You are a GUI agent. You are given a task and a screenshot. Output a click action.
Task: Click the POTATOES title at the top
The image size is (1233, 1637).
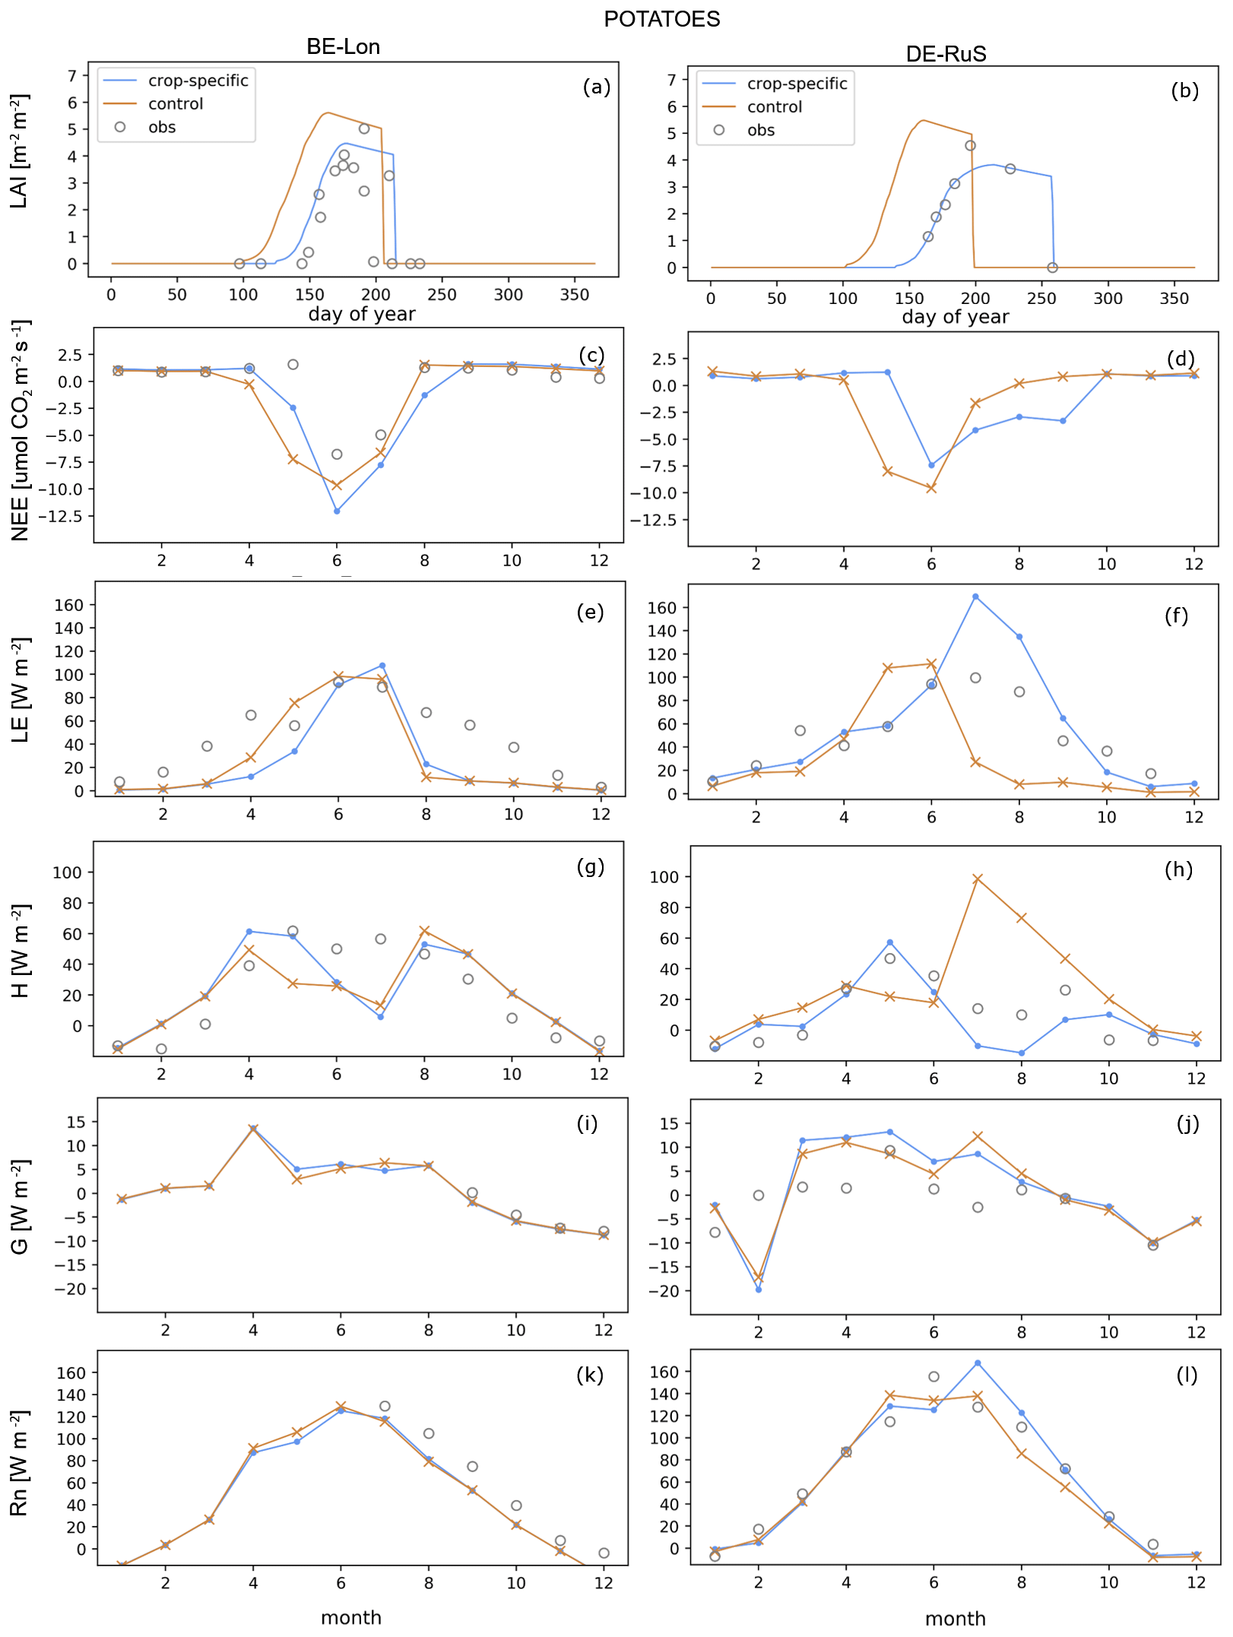661,19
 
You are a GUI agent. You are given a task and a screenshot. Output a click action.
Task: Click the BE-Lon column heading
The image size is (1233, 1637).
343,47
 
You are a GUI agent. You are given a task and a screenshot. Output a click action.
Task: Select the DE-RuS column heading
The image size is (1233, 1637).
946,54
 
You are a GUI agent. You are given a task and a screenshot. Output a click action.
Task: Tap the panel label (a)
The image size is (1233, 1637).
596,87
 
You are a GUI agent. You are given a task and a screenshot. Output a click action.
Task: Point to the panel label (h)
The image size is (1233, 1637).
1178,869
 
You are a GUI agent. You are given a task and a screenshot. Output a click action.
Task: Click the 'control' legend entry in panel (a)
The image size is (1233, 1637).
176,104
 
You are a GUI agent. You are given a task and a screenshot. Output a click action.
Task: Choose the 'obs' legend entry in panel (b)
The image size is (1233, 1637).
760,130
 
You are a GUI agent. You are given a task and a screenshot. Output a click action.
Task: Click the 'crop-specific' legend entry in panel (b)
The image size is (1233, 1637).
797,84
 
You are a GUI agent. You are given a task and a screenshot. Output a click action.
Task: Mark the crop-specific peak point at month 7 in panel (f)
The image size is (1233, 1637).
975,597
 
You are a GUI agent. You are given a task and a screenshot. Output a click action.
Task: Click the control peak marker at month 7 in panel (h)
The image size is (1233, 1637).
978,879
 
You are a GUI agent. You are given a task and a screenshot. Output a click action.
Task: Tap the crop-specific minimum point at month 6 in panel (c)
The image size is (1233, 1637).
337,511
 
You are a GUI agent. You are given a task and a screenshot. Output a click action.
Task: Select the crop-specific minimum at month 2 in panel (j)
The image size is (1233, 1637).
759,1290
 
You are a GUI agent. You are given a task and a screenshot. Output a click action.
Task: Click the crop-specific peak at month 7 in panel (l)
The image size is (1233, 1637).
978,1363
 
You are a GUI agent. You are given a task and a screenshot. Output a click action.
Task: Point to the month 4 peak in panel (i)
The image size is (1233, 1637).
253,1129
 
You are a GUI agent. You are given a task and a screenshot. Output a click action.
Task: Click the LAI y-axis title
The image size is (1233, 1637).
19,151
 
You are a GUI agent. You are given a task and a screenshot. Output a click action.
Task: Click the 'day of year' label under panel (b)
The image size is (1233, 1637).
955,317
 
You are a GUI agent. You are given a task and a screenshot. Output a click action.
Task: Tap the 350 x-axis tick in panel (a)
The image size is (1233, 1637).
575,295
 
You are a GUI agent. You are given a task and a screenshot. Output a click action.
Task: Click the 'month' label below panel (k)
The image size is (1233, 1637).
350,1617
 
